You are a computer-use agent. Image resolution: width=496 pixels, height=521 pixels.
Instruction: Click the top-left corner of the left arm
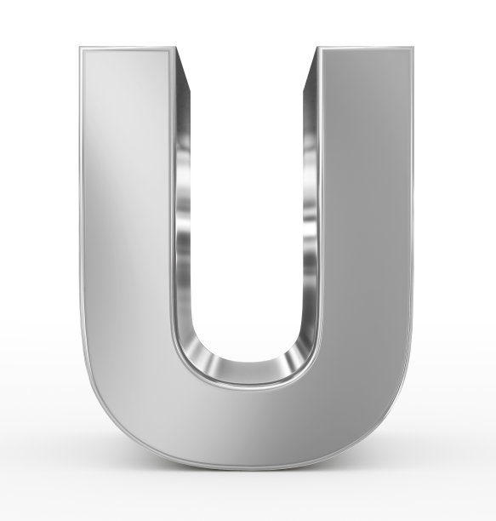[x=83, y=49]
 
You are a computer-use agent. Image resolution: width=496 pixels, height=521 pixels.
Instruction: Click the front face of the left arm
[x=128, y=213]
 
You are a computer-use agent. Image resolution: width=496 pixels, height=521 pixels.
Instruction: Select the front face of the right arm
[x=366, y=213]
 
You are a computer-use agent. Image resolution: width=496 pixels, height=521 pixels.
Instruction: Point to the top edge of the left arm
[x=128, y=49]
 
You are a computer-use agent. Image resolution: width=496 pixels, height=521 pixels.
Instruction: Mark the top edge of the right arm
[x=366, y=49]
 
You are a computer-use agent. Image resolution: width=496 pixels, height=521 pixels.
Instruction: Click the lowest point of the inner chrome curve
[x=246, y=375]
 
